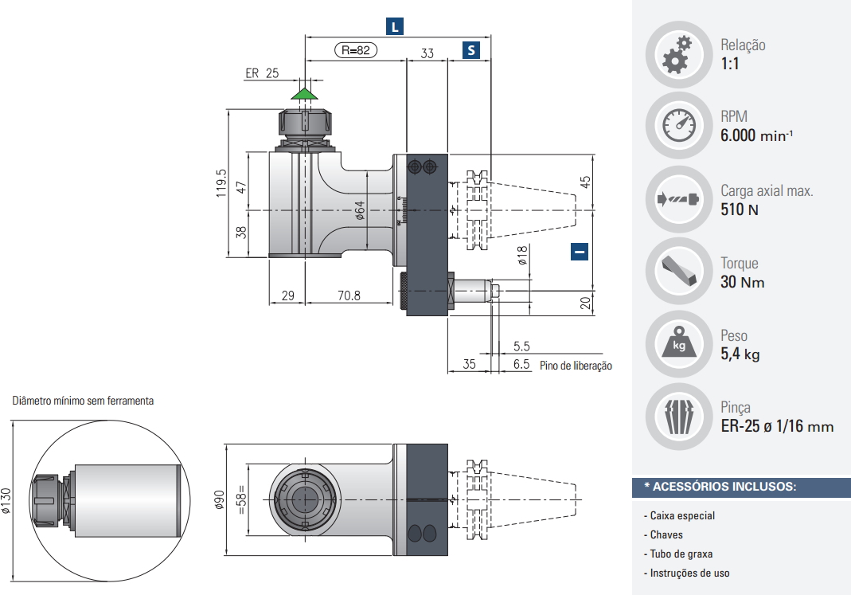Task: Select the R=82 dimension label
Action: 356,50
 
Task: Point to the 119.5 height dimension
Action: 221,182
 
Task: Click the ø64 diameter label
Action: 359,209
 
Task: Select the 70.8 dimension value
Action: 349,296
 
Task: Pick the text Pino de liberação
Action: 576,366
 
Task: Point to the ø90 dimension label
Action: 217,499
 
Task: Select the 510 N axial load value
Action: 740,209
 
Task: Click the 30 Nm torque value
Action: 742,283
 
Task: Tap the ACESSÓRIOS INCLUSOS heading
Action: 720,486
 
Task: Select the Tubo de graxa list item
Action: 681,554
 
